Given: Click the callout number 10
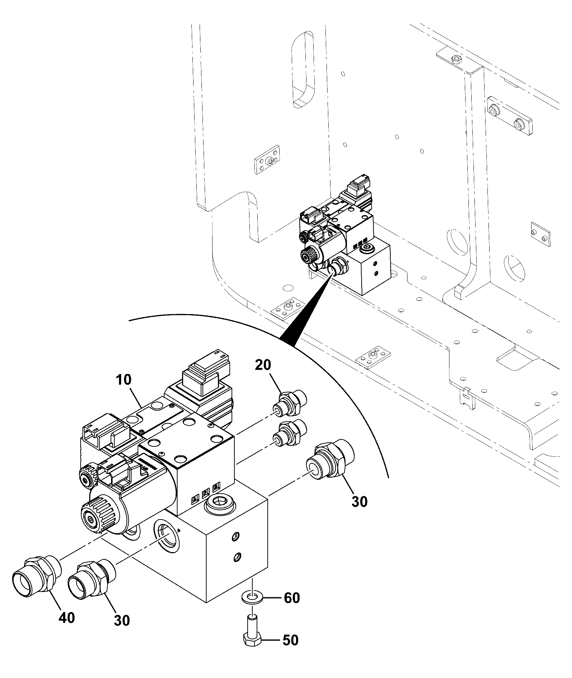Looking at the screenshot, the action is tap(124, 380).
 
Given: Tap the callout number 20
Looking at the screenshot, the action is tap(263, 366).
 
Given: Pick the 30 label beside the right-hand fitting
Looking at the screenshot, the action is tap(359, 502).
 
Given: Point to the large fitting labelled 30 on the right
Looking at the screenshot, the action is tap(330, 463).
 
